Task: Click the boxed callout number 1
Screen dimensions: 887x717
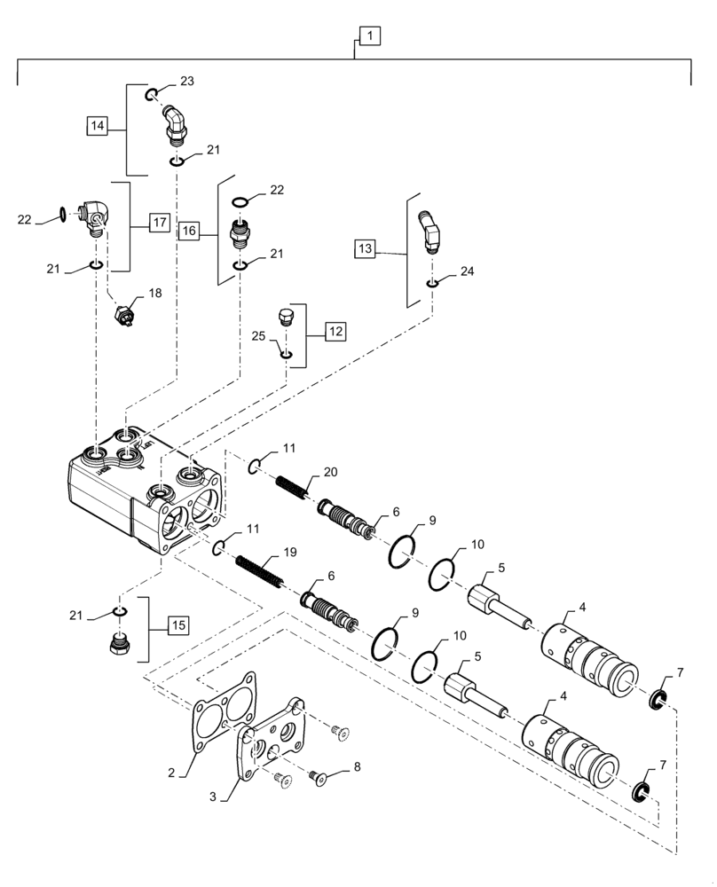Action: (x=369, y=36)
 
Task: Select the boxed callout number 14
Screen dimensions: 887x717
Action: (x=98, y=126)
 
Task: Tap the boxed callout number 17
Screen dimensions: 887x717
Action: (x=158, y=223)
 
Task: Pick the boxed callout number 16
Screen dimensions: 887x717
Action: (x=188, y=231)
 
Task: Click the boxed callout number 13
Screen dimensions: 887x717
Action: (x=366, y=249)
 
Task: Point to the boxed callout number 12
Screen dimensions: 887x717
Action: (x=335, y=332)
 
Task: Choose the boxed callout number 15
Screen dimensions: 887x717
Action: (x=177, y=626)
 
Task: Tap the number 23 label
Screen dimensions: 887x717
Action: (x=186, y=81)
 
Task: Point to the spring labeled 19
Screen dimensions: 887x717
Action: (x=258, y=571)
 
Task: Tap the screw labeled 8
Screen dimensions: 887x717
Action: (x=318, y=777)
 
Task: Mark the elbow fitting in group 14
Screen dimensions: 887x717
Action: (x=174, y=124)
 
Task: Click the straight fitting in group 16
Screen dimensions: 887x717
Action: (x=239, y=233)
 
